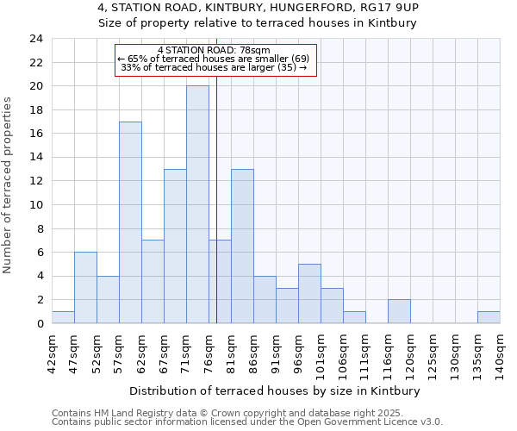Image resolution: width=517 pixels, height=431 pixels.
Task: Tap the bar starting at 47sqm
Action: pyautogui.click(x=85, y=288)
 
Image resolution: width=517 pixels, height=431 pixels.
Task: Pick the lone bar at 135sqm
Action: pyautogui.click(x=489, y=317)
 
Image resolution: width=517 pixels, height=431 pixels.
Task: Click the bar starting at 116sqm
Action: pyautogui.click(x=399, y=311)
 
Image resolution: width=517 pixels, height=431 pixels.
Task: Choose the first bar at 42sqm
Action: pyautogui.click(x=63, y=317)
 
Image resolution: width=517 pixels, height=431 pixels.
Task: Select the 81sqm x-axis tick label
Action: pyautogui.click(x=230, y=353)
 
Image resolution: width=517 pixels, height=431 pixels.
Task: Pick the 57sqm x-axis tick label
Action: pyautogui.click(x=118, y=353)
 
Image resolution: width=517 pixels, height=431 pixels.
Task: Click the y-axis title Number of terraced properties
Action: pyautogui.click(x=9, y=184)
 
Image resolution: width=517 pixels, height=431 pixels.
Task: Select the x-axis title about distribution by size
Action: pyautogui.click(x=276, y=391)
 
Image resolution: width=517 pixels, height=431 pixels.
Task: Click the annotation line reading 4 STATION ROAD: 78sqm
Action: pyautogui.click(x=216, y=49)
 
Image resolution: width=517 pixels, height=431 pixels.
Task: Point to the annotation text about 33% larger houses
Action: pyautogui.click(x=216, y=67)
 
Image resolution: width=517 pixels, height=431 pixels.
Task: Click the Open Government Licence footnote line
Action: pyautogui.click(x=247, y=422)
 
